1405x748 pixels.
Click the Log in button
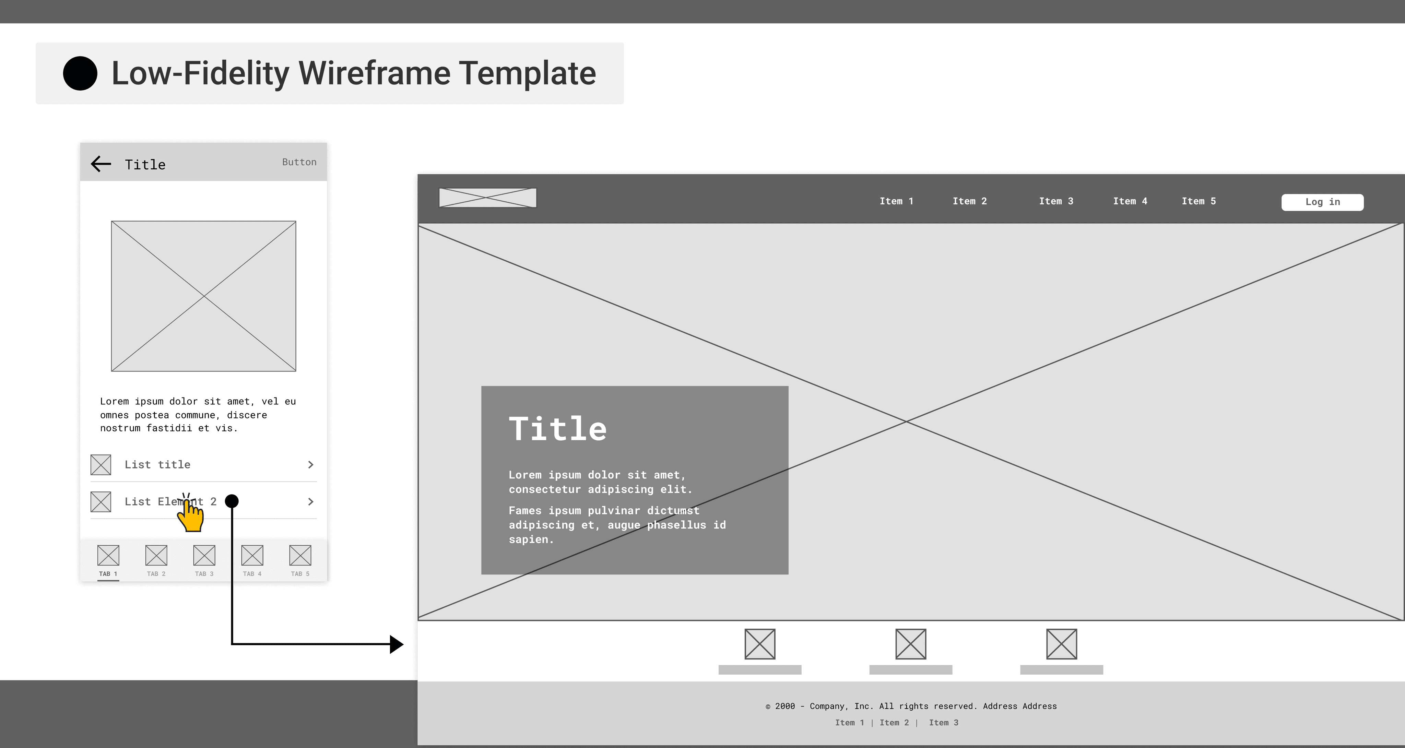1322,202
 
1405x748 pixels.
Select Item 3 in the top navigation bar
1055,201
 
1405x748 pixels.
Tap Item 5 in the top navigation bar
1198,201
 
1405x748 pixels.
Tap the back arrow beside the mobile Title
101,164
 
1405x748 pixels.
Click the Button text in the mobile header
299,162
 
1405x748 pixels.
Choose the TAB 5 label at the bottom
300,573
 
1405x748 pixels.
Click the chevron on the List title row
310,464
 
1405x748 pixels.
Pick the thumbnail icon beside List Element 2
101,501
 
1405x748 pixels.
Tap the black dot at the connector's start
232,501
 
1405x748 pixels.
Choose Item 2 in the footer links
894,722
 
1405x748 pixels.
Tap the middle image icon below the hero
910,644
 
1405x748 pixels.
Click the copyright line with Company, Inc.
910,706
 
